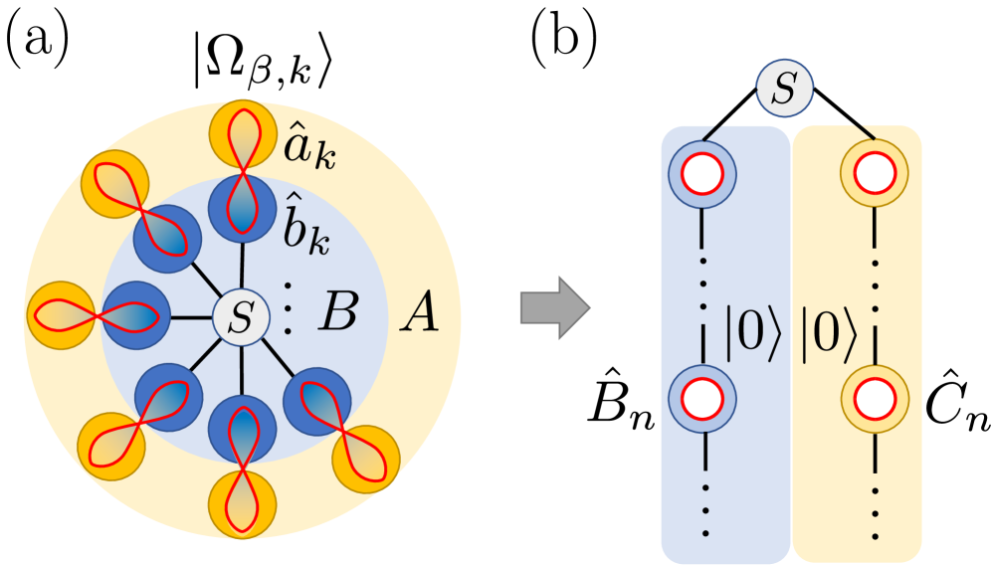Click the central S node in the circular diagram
241,318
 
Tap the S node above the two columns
784,90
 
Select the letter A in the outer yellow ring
419,317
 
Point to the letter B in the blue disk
337,315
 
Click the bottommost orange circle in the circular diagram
242,505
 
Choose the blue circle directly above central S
242,208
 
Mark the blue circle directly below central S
242,429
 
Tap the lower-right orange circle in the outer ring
365,459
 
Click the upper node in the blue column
701,174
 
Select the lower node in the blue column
701,399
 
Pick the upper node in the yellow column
875,173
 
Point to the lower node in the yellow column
875,398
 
